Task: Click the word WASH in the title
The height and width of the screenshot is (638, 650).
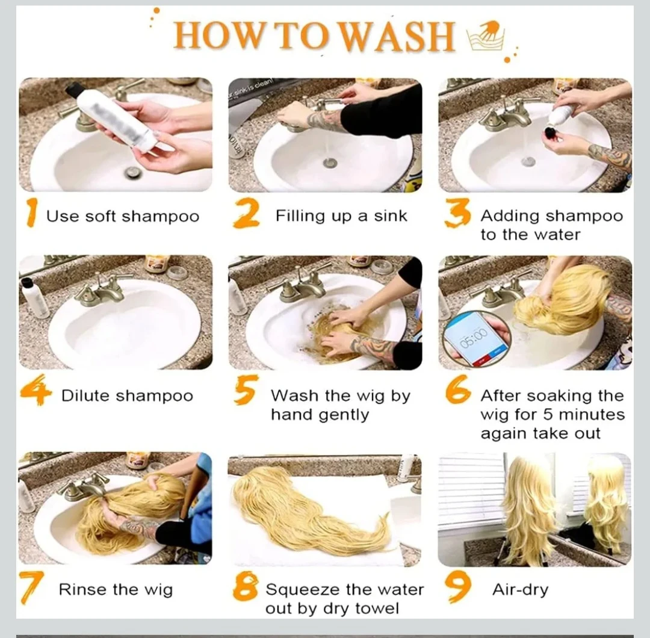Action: (398, 36)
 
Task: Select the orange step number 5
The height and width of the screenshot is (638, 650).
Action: (246, 389)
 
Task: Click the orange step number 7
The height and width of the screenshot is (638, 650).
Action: (32, 587)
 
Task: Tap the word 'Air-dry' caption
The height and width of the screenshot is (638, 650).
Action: (520, 590)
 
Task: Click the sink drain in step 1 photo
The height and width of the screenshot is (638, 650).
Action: (134, 171)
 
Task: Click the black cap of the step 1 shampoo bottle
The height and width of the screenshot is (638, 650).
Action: (73, 89)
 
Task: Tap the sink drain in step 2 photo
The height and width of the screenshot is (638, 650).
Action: (330, 163)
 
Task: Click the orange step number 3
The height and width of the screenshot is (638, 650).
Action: (457, 212)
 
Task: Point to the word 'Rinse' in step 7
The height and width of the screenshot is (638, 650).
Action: (82, 589)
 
